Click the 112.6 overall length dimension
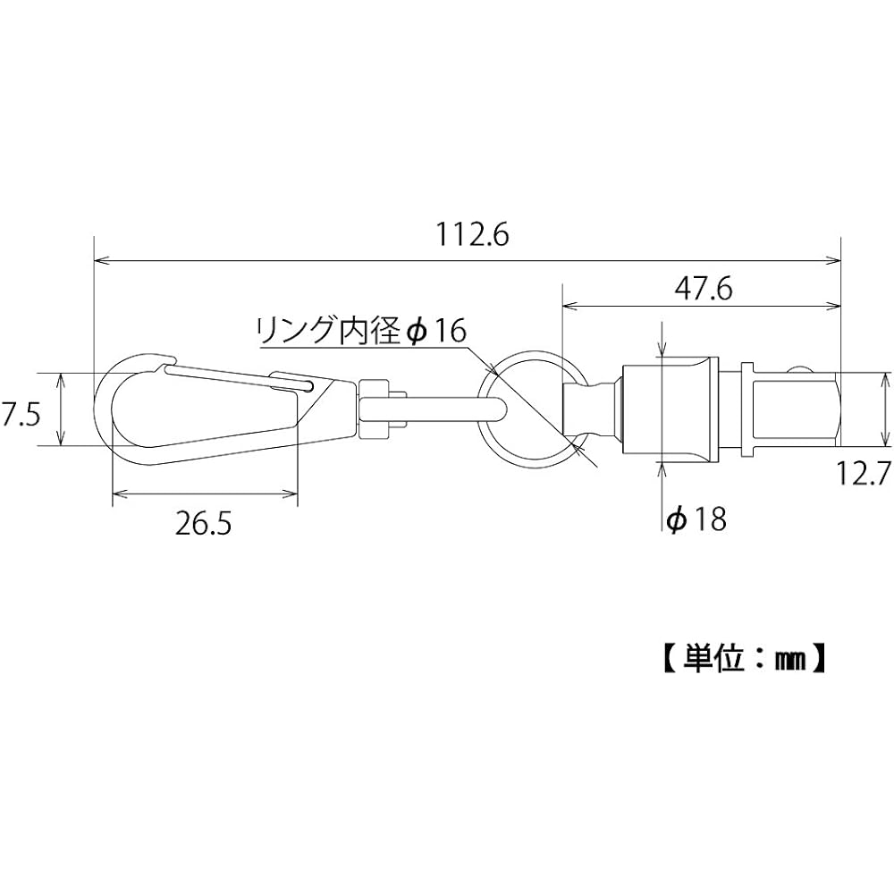(471, 234)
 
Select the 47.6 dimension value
(703, 290)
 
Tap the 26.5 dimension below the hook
(204, 524)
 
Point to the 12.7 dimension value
(864, 473)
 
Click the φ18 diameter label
(696, 519)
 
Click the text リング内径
(329, 330)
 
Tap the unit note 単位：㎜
(746, 660)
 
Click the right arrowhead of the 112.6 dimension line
(834, 261)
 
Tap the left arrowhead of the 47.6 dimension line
(570, 307)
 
